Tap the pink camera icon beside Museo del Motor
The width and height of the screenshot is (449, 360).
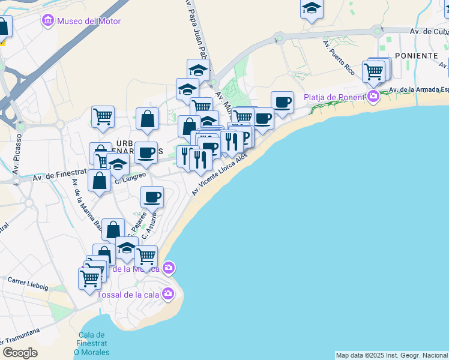(x=47, y=22)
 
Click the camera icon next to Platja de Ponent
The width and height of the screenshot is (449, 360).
(x=373, y=96)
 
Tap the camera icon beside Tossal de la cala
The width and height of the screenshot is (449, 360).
(x=168, y=293)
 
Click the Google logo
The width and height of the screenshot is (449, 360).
(x=20, y=352)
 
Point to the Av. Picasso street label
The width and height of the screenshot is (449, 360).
(x=16, y=159)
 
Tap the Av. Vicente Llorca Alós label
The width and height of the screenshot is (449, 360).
(x=220, y=174)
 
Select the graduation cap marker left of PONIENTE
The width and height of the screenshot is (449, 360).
(x=312, y=8)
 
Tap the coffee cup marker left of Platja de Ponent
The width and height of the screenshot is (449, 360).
(x=282, y=102)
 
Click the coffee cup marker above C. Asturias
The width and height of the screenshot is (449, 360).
(x=152, y=197)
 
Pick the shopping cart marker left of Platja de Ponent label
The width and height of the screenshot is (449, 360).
(x=373, y=71)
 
